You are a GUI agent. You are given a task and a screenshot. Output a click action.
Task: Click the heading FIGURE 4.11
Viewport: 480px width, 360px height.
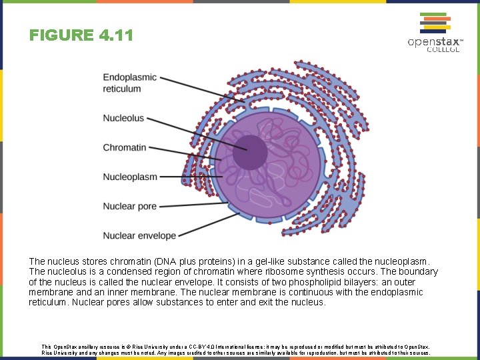pos(81,35)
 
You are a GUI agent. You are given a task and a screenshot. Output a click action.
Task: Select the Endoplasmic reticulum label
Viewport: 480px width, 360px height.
pos(129,83)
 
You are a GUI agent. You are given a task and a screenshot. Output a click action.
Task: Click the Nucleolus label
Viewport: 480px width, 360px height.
pos(123,118)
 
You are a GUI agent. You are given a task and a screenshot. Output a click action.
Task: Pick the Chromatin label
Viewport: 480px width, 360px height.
pos(124,147)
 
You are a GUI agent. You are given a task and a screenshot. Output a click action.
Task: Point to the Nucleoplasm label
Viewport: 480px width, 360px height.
pos(130,177)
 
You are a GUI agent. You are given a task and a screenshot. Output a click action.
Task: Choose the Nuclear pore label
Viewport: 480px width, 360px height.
pos(129,206)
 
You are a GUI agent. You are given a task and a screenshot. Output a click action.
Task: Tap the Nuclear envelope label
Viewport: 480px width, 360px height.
pos(139,235)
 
